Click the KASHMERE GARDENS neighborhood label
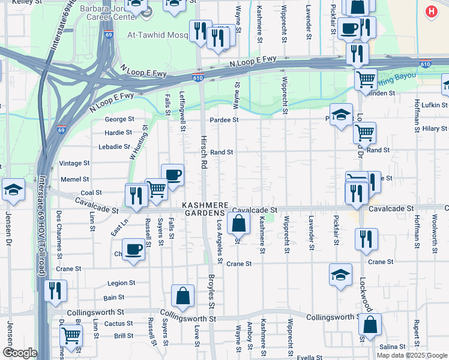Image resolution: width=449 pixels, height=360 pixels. point(203,208)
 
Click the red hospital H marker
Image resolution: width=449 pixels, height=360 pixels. point(431,11)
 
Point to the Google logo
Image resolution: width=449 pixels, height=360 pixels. point(20,353)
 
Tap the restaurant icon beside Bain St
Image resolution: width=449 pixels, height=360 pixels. point(55,291)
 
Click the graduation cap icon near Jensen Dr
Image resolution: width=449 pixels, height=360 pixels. point(13,190)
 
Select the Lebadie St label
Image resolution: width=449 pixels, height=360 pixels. point(114,146)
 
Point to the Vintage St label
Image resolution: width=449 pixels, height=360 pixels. point(74,163)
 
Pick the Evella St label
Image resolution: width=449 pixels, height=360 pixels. point(310,357)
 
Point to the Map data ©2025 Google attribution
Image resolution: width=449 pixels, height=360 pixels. point(411,355)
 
